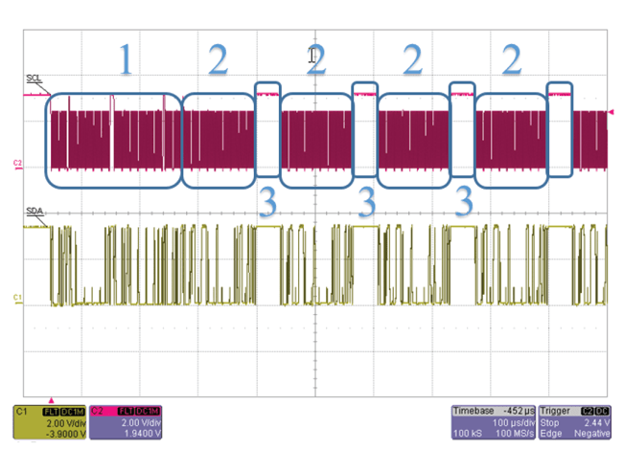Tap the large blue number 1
[123, 61]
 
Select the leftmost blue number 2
[219, 61]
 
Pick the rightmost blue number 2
[512, 61]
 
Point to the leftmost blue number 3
[267, 202]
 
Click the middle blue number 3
[366, 202]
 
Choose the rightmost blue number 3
[464, 202]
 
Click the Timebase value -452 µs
[513, 408]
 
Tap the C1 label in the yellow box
[20, 409]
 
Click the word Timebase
[473, 408]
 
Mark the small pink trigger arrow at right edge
[612, 113]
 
